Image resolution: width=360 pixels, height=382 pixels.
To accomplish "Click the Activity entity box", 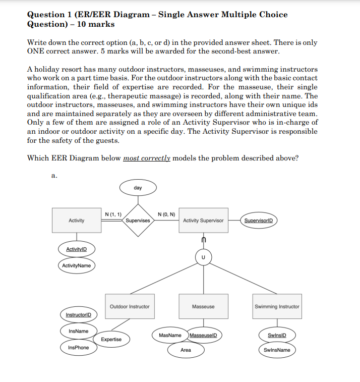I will click(77, 221).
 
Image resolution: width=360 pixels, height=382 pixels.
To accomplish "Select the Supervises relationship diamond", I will click(138, 221).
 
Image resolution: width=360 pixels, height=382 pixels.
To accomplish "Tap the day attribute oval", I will click(138, 188).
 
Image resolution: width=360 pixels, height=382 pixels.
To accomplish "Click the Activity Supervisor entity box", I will click(203, 221).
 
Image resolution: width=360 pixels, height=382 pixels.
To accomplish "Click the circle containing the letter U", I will click(203, 257).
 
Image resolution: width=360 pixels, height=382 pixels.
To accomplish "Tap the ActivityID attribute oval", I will click(77, 249).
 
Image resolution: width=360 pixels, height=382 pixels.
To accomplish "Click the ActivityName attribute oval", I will click(77, 265).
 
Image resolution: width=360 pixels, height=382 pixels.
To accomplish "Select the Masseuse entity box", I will click(203, 306).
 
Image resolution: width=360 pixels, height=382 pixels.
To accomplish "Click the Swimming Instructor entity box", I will click(277, 306).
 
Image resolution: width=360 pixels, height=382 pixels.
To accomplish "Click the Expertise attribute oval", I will click(111, 339).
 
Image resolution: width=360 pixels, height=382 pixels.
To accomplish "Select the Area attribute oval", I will click(186, 350).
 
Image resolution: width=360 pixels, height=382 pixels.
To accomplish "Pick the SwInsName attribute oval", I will click(277, 350).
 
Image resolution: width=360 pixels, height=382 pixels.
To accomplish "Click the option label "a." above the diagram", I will click(54, 176).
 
